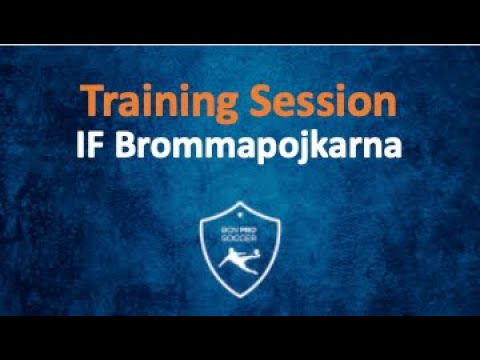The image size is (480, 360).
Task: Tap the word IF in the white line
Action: pyautogui.click(x=92, y=144)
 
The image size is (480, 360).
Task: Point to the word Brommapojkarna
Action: pyautogui.click(x=258, y=145)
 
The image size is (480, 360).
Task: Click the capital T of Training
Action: pyautogui.click(x=91, y=101)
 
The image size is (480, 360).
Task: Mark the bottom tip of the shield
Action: pyautogui.click(x=241, y=296)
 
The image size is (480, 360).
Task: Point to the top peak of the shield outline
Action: pyautogui.click(x=241, y=202)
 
